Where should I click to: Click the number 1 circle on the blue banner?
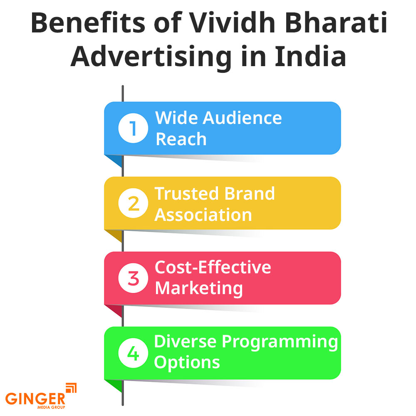coord(133,128)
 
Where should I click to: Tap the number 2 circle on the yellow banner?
coord(133,203)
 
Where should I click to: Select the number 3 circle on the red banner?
coord(133,278)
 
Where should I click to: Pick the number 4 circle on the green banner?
coord(133,353)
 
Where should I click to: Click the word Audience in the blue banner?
coord(242,118)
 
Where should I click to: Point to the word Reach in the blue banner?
coord(181,139)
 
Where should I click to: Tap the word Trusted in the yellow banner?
coord(187,193)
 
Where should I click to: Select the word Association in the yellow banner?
coord(204,215)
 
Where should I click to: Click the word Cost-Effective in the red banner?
coord(213,267)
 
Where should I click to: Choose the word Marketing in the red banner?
coord(199,288)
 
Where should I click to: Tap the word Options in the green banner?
coord(187,362)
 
